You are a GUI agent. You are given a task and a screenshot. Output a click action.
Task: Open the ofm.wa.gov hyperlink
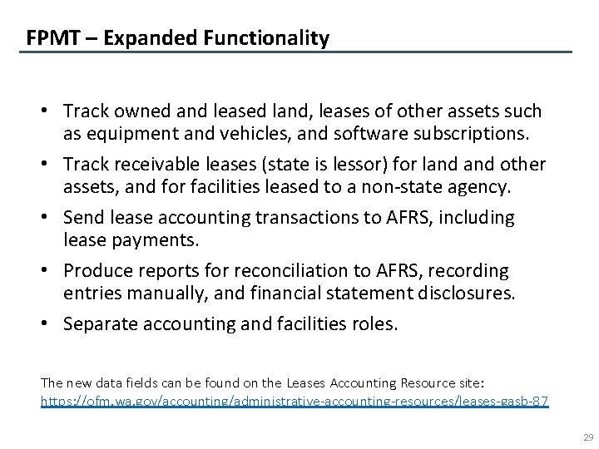tap(295, 401)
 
